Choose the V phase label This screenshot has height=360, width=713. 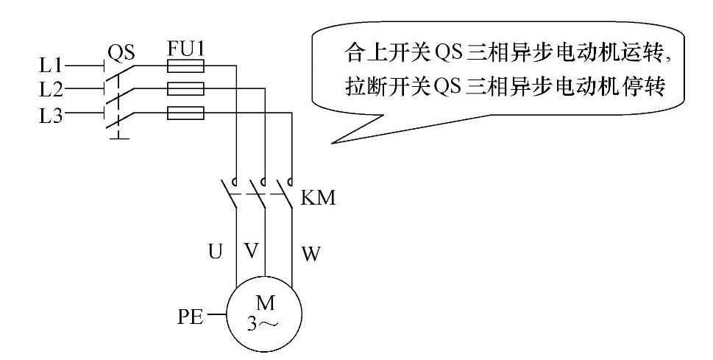(x=252, y=252)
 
